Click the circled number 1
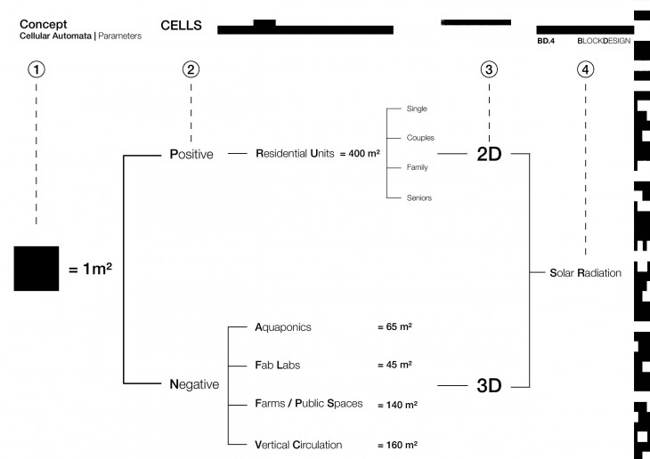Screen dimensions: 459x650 36,69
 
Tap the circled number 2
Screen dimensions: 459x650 191,69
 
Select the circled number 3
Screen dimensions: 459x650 488,69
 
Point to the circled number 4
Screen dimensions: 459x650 585,69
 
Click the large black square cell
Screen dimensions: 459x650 37,268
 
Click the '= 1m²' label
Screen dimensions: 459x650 90,268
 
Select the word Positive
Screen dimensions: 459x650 191,154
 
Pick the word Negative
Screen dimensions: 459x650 194,384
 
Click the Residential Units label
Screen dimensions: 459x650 295,154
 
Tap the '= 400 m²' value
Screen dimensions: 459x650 361,154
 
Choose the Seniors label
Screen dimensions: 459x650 418,197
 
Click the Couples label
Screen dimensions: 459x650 420,138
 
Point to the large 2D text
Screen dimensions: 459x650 490,154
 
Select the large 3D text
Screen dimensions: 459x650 490,386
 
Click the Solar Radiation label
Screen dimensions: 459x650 586,273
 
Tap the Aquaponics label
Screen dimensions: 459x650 284,327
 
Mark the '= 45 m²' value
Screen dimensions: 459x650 394,365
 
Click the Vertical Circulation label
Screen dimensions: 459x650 298,444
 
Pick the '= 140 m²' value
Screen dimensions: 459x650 397,405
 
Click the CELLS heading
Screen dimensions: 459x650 182,26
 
